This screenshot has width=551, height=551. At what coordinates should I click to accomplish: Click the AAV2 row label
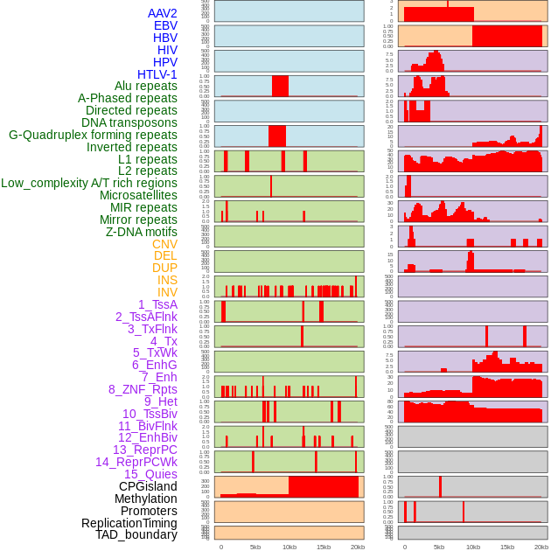click(x=163, y=13)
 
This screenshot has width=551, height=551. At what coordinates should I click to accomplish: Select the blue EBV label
click(x=165, y=25)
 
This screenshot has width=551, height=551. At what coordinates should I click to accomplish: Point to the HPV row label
click(x=165, y=62)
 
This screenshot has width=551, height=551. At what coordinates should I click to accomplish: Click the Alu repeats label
click(x=146, y=86)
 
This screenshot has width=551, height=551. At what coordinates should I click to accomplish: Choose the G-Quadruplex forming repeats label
click(x=93, y=135)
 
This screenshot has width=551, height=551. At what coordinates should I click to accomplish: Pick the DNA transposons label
click(x=129, y=122)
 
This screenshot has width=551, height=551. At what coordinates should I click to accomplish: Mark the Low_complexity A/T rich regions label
click(x=89, y=183)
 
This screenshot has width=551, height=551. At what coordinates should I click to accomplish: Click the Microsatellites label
click(x=138, y=195)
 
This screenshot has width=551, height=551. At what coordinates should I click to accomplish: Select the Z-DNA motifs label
click(x=142, y=232)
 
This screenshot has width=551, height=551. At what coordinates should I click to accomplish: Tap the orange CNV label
click(x=164, y=244)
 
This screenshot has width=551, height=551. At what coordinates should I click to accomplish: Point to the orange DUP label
click(x=164, y=268)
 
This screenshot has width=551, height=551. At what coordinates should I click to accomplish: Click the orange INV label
click(x=167, y=292)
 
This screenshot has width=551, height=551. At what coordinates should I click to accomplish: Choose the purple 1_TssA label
click(x=157, y=304)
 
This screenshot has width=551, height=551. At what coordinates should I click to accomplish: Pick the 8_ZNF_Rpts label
click(x=143, y=389)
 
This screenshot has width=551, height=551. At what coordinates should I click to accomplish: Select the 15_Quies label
click(x=150, y=474)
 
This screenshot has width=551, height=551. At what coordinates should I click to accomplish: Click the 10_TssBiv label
click(x=150, y=414)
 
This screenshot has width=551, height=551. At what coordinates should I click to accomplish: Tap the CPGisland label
click(x=148, y=486)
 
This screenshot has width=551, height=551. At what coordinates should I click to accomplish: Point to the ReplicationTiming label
click(x=129, y=523)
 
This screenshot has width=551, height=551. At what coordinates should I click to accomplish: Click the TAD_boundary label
click(x=136, y=534)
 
